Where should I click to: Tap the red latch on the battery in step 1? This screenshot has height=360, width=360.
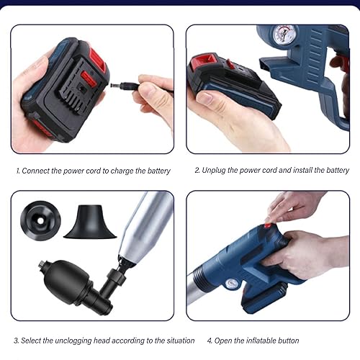89,79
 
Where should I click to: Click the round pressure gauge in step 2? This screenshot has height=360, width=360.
284,35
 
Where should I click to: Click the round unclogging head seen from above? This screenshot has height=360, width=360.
40,220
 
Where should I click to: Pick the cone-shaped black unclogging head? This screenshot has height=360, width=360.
90,222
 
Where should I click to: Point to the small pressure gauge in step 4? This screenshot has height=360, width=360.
232,284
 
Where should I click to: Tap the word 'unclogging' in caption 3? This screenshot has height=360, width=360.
73,341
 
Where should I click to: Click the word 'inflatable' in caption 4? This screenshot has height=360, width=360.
261,341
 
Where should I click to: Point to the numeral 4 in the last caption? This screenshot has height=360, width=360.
210,341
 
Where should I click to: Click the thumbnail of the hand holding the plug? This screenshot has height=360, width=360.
92,89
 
